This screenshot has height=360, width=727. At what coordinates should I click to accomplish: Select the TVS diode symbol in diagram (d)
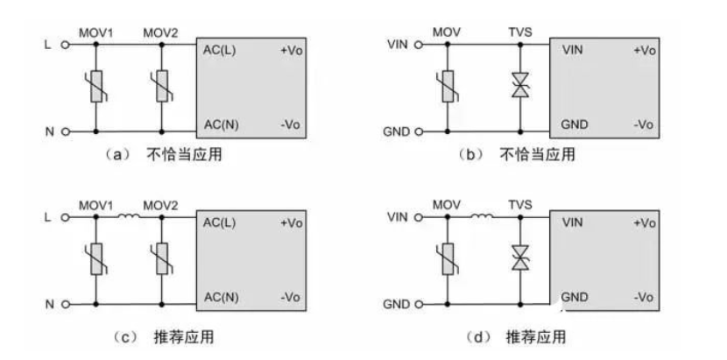(x=519, y=259)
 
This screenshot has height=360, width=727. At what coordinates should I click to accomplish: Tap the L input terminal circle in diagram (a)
(x=65, y=43)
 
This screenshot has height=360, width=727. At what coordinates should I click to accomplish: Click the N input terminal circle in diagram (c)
(x=65, y=303)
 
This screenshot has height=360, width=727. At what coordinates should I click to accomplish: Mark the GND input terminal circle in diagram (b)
(x=418, y=132)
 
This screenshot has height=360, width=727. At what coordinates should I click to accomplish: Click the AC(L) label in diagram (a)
(x=219, y=51)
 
